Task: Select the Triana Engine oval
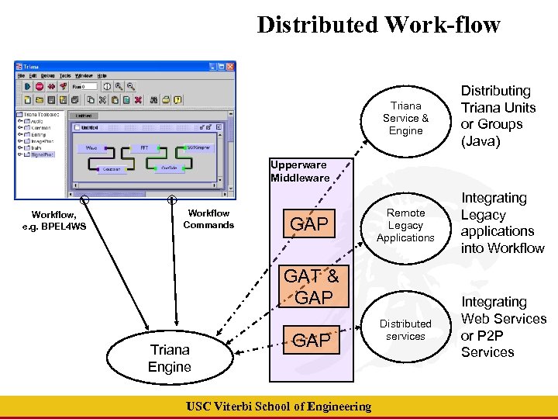170,358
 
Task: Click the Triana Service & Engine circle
405,118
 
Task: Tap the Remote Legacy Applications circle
405,225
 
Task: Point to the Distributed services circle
405,330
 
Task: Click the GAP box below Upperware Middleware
309,225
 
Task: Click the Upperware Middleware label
299,171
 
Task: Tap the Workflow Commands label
208,219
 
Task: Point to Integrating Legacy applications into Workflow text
502,223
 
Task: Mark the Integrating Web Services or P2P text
503,327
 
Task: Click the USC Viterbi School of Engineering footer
279,407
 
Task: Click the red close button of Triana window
230,68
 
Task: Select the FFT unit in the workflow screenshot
144,147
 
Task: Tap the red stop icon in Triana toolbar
39,86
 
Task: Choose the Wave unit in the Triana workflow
91,147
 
